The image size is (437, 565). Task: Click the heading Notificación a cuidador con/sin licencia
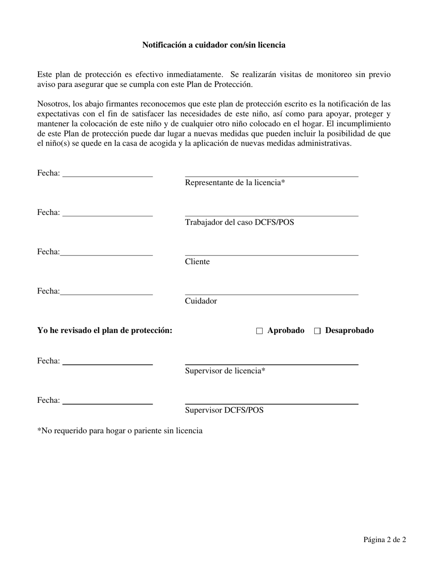click(213, 45)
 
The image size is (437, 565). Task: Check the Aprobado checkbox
click(259, 331)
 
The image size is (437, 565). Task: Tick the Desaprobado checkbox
click(317, 331)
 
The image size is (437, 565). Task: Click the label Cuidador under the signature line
click(201, 301)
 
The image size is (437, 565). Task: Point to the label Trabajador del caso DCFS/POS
click(239, 223)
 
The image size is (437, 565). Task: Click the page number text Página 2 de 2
click(385, 540)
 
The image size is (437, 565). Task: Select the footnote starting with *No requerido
click(120, 431)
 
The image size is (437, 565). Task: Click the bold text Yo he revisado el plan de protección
click(105, 331)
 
